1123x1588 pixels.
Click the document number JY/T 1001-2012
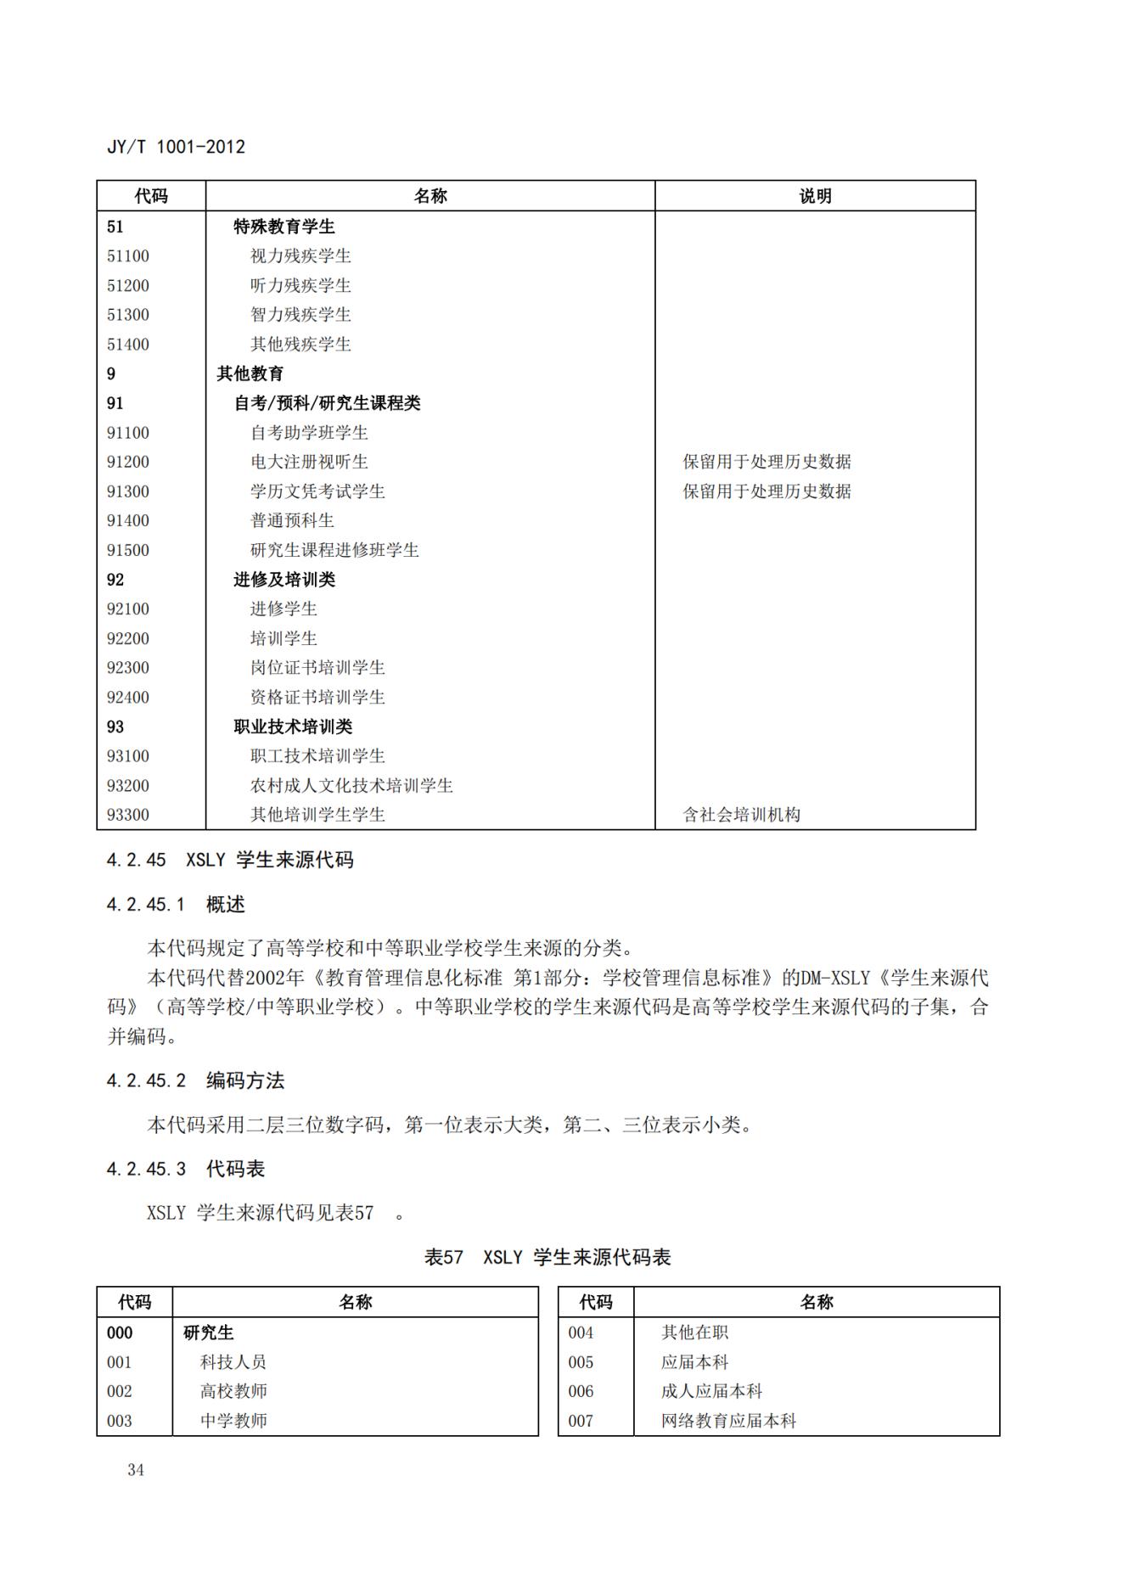point(176,147)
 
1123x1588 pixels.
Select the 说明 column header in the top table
point(815,196)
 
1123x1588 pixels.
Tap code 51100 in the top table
point(128,256)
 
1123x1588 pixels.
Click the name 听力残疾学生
point(300,286)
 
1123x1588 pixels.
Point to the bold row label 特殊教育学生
point(284,227)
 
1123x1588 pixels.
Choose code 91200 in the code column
point(128,462)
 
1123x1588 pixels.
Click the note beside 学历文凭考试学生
point(766,491)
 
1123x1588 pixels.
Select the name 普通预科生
point(292,520)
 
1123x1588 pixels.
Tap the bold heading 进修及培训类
point(284,580)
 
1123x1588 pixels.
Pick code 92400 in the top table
point(128,697)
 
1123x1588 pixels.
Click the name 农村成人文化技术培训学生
point(351,785)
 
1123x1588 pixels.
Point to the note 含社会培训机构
point(741,815)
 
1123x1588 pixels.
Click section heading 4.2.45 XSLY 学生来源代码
point(229,860)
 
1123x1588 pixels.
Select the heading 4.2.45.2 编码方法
point(195,1080)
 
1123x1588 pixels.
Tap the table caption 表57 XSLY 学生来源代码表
point(547,1257)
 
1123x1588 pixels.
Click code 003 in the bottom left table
point(120,1421)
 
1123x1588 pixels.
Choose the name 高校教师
point(233,1391)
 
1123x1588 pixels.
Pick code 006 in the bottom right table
point(581,1391)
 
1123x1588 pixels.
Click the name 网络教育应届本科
point(728,1421)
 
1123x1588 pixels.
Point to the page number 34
point(136,1470)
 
